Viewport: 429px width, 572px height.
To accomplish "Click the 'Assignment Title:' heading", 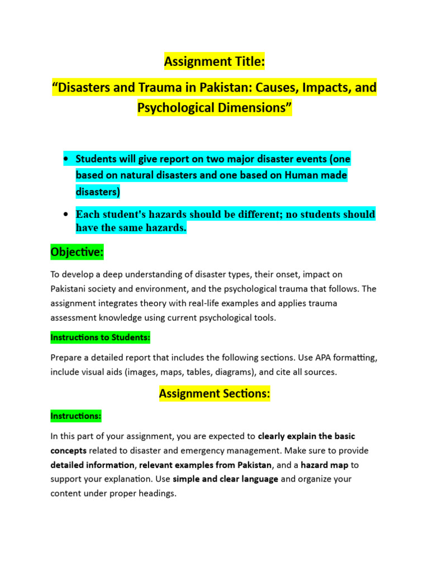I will click(214, 62).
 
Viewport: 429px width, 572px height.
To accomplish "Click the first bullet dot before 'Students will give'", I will click(66, 160).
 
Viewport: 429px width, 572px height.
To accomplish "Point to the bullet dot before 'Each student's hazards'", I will click(66, 214).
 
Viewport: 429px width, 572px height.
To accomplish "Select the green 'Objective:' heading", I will click(77, 252).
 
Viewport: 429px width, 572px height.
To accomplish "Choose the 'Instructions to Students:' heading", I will click(100, 338).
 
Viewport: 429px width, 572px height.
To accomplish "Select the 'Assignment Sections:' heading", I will click(214, 394).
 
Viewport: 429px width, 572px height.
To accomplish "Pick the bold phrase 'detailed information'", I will click(92, 465).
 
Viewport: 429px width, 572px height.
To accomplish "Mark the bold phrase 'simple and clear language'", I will click(225, 479).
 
